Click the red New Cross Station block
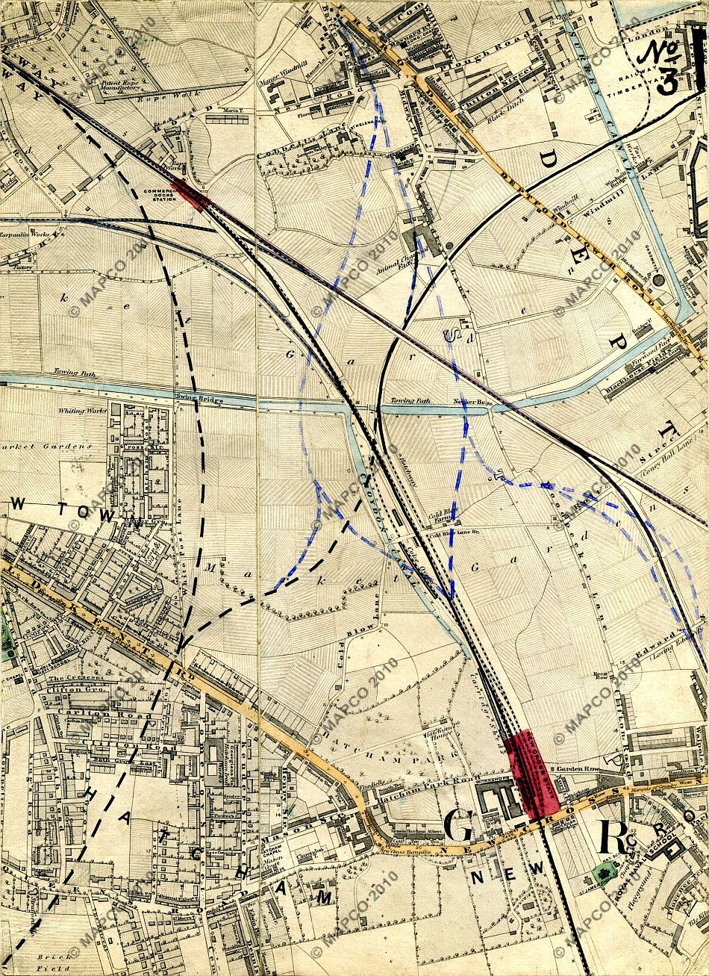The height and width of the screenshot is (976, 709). click(531, 772)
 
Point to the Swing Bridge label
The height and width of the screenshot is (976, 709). click(190, 397)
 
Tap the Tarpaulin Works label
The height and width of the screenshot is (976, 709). click(25, 234)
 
